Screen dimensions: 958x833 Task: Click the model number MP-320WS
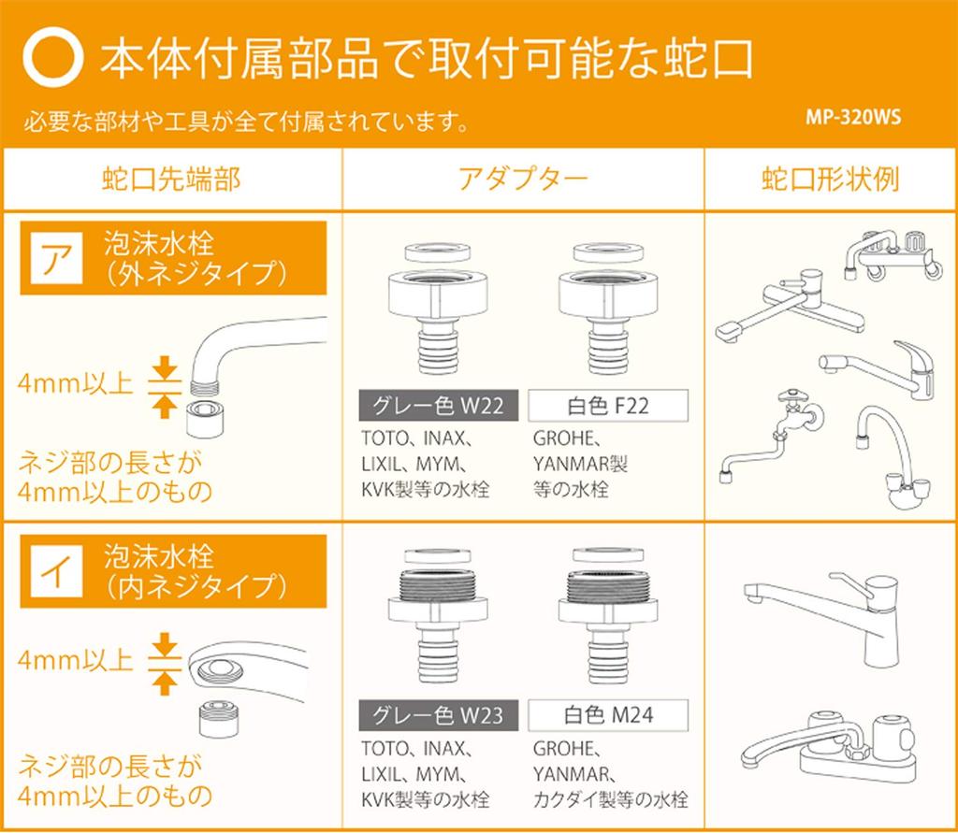(x=853, y=117)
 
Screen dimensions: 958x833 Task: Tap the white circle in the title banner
(x=53, y=57)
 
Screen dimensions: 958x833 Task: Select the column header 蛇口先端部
(x=172, y=179)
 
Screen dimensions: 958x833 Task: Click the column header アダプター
(x=523, y=179)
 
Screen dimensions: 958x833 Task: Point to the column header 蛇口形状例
(x=831, y=179)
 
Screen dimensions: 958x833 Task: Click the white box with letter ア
(x=56, y=258)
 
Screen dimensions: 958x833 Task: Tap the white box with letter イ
(x=56, y=571)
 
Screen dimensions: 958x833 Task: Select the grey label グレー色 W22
(x=438, y=406)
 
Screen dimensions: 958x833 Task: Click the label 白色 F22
(x=608, y=406)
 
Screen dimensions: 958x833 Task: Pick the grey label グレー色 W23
(x=438, y=715)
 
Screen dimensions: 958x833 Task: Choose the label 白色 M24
(x=608, y=715)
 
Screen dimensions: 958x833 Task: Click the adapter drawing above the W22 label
(x=438, y=309)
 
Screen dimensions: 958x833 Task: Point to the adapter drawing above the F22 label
(x=608, y=309)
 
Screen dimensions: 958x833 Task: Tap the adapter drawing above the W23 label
(x=438, y=615)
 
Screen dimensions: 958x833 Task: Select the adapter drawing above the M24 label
(x=608, y=615)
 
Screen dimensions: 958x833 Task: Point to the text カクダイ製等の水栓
(x=610, y=799)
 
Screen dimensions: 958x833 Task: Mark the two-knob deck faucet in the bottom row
(x=829, y=746)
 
